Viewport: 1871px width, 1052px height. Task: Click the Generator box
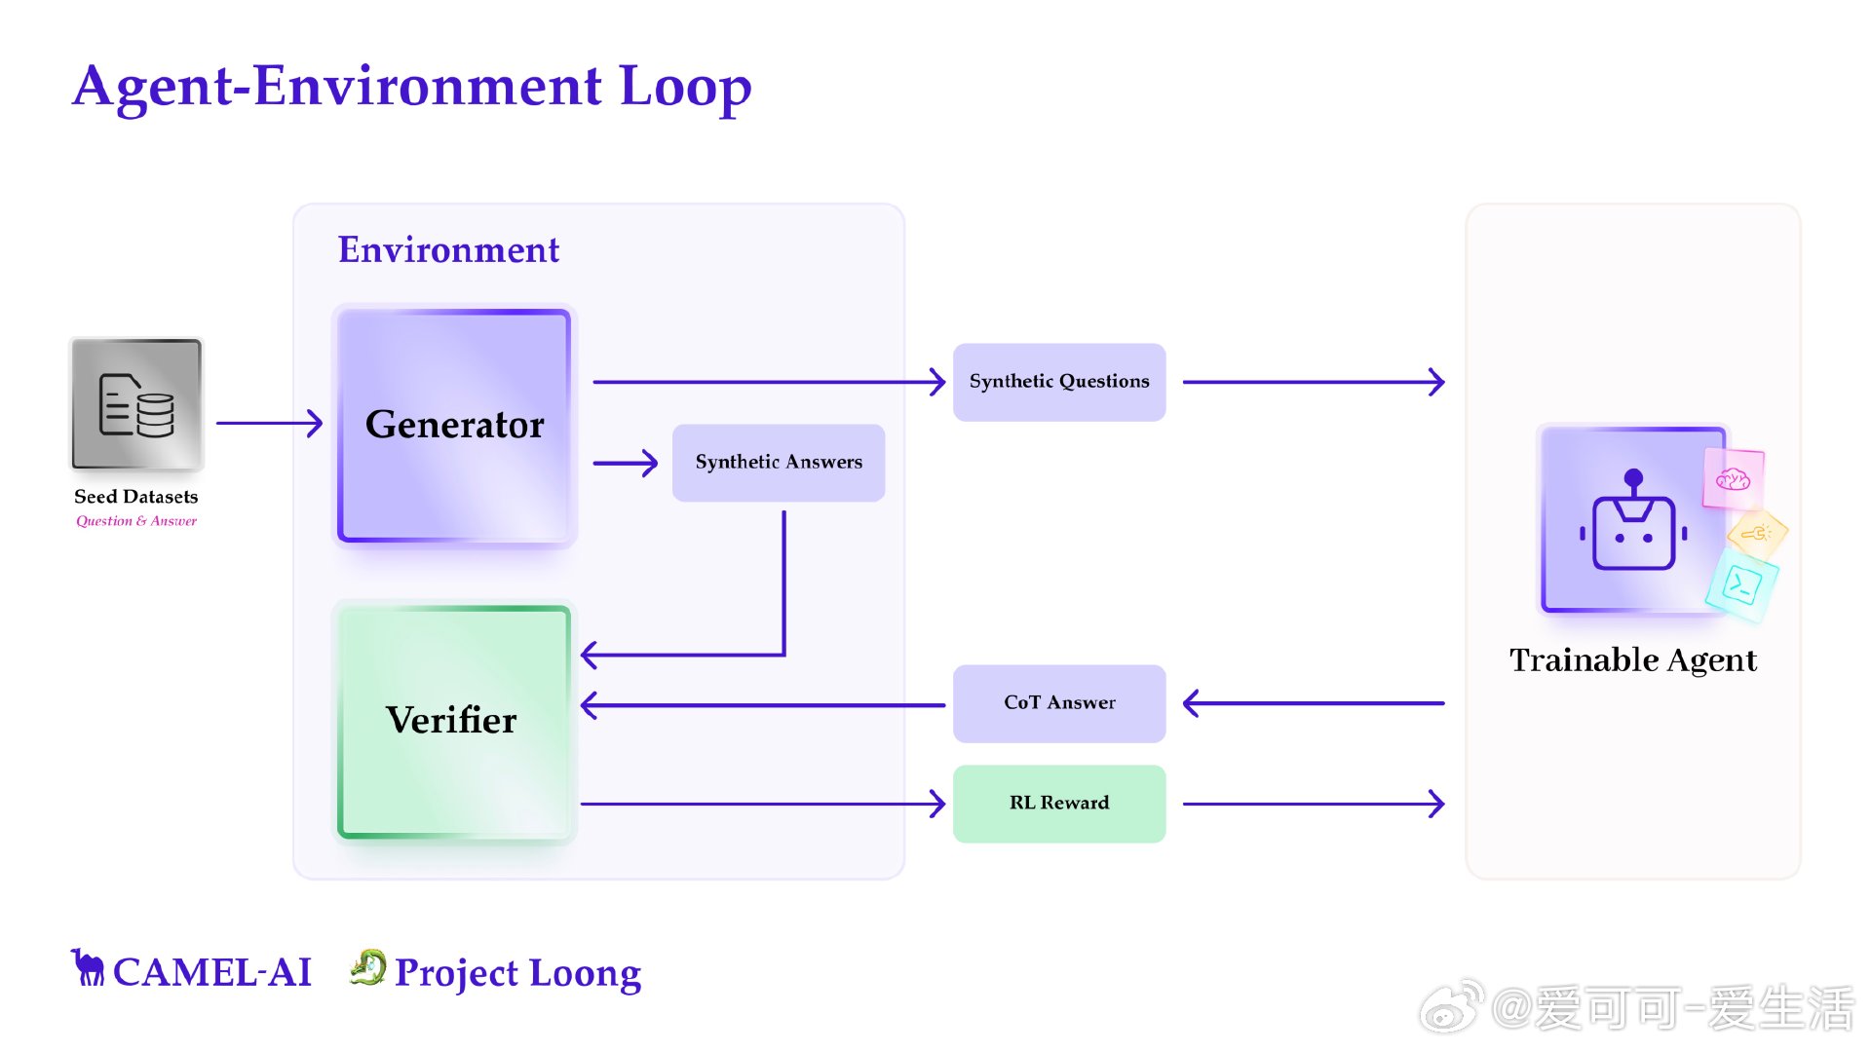coord(454,425)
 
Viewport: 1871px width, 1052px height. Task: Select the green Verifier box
coord(454,722)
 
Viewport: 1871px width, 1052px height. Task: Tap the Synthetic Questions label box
coord(1059,382)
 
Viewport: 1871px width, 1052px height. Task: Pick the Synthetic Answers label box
coord(779,463)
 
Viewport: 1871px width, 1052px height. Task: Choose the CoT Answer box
coord(1059,703)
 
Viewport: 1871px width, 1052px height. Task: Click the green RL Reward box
coord(1059,804)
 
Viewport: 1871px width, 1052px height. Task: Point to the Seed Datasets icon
coord(136,404)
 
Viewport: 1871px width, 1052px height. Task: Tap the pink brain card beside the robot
coord(1734,478)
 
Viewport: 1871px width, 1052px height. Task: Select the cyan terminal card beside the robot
coord(1741,584)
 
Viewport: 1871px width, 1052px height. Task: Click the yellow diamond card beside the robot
coord(1757,533)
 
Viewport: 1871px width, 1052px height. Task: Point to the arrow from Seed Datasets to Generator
coord(269,423)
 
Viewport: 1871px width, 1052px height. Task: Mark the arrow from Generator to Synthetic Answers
coord(626,463)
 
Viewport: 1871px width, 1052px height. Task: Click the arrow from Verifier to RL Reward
coord(763,804)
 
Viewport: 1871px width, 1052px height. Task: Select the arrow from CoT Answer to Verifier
coord(763,704)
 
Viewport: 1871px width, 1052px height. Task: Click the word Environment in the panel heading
coord(448,250)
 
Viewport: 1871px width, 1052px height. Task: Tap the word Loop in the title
coord(685,86)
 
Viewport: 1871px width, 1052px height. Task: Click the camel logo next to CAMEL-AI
coord(88,967)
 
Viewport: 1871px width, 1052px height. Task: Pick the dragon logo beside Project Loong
coord(368,967)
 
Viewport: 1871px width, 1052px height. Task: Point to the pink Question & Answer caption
coord(136,521)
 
